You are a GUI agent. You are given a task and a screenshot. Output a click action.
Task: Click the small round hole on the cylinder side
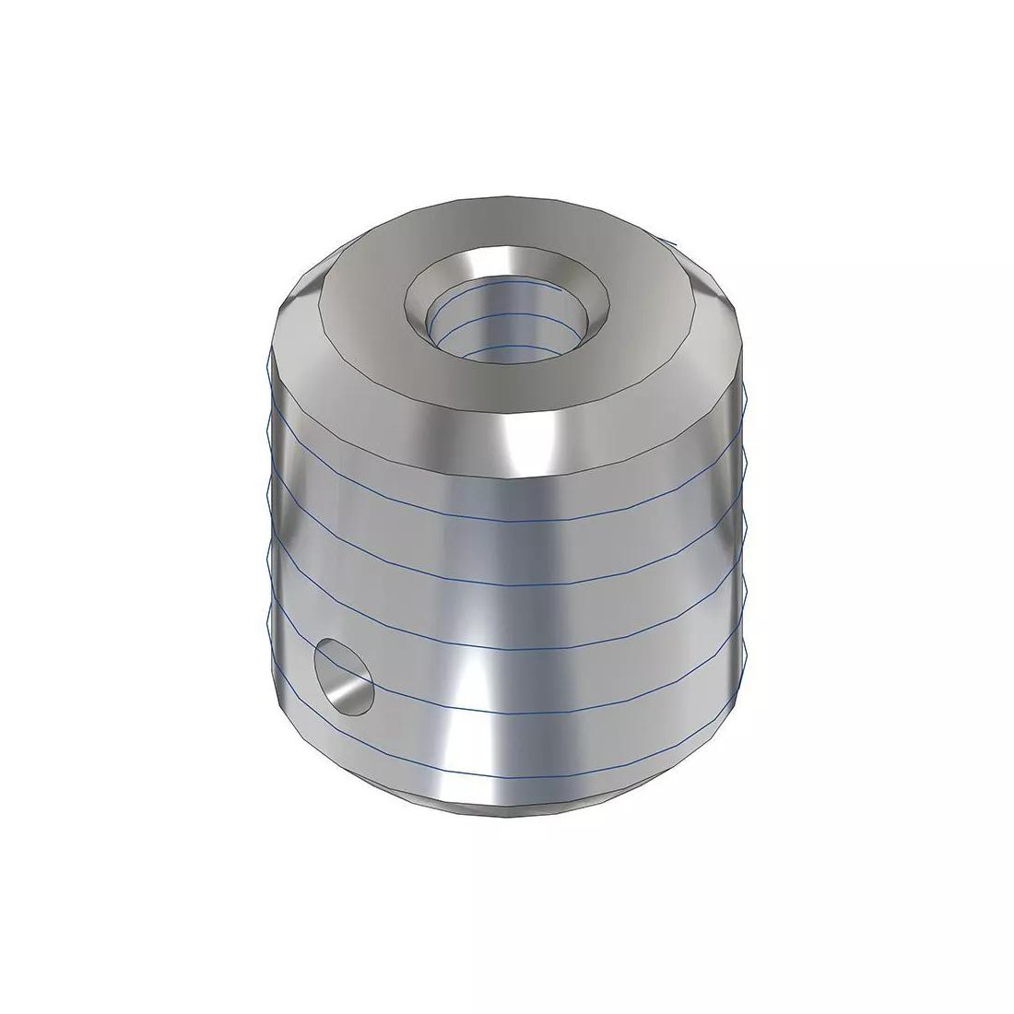344,678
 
